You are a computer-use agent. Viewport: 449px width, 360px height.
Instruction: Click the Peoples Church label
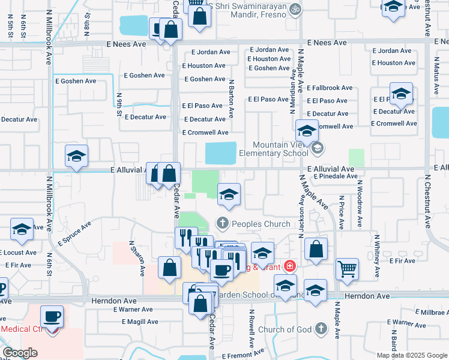pos(261,224)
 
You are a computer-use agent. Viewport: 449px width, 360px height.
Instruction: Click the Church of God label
pos(285,329)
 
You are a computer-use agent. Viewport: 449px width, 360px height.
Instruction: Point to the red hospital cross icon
pos(290,266)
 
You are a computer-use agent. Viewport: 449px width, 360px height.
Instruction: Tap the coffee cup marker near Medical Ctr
pos(52,316)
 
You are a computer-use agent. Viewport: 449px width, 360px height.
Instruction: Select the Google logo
pos(20,352)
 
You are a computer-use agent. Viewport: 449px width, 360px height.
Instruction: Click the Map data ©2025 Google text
pos(411,355)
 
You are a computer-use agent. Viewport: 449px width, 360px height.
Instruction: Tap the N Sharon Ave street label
pos(137,259)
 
